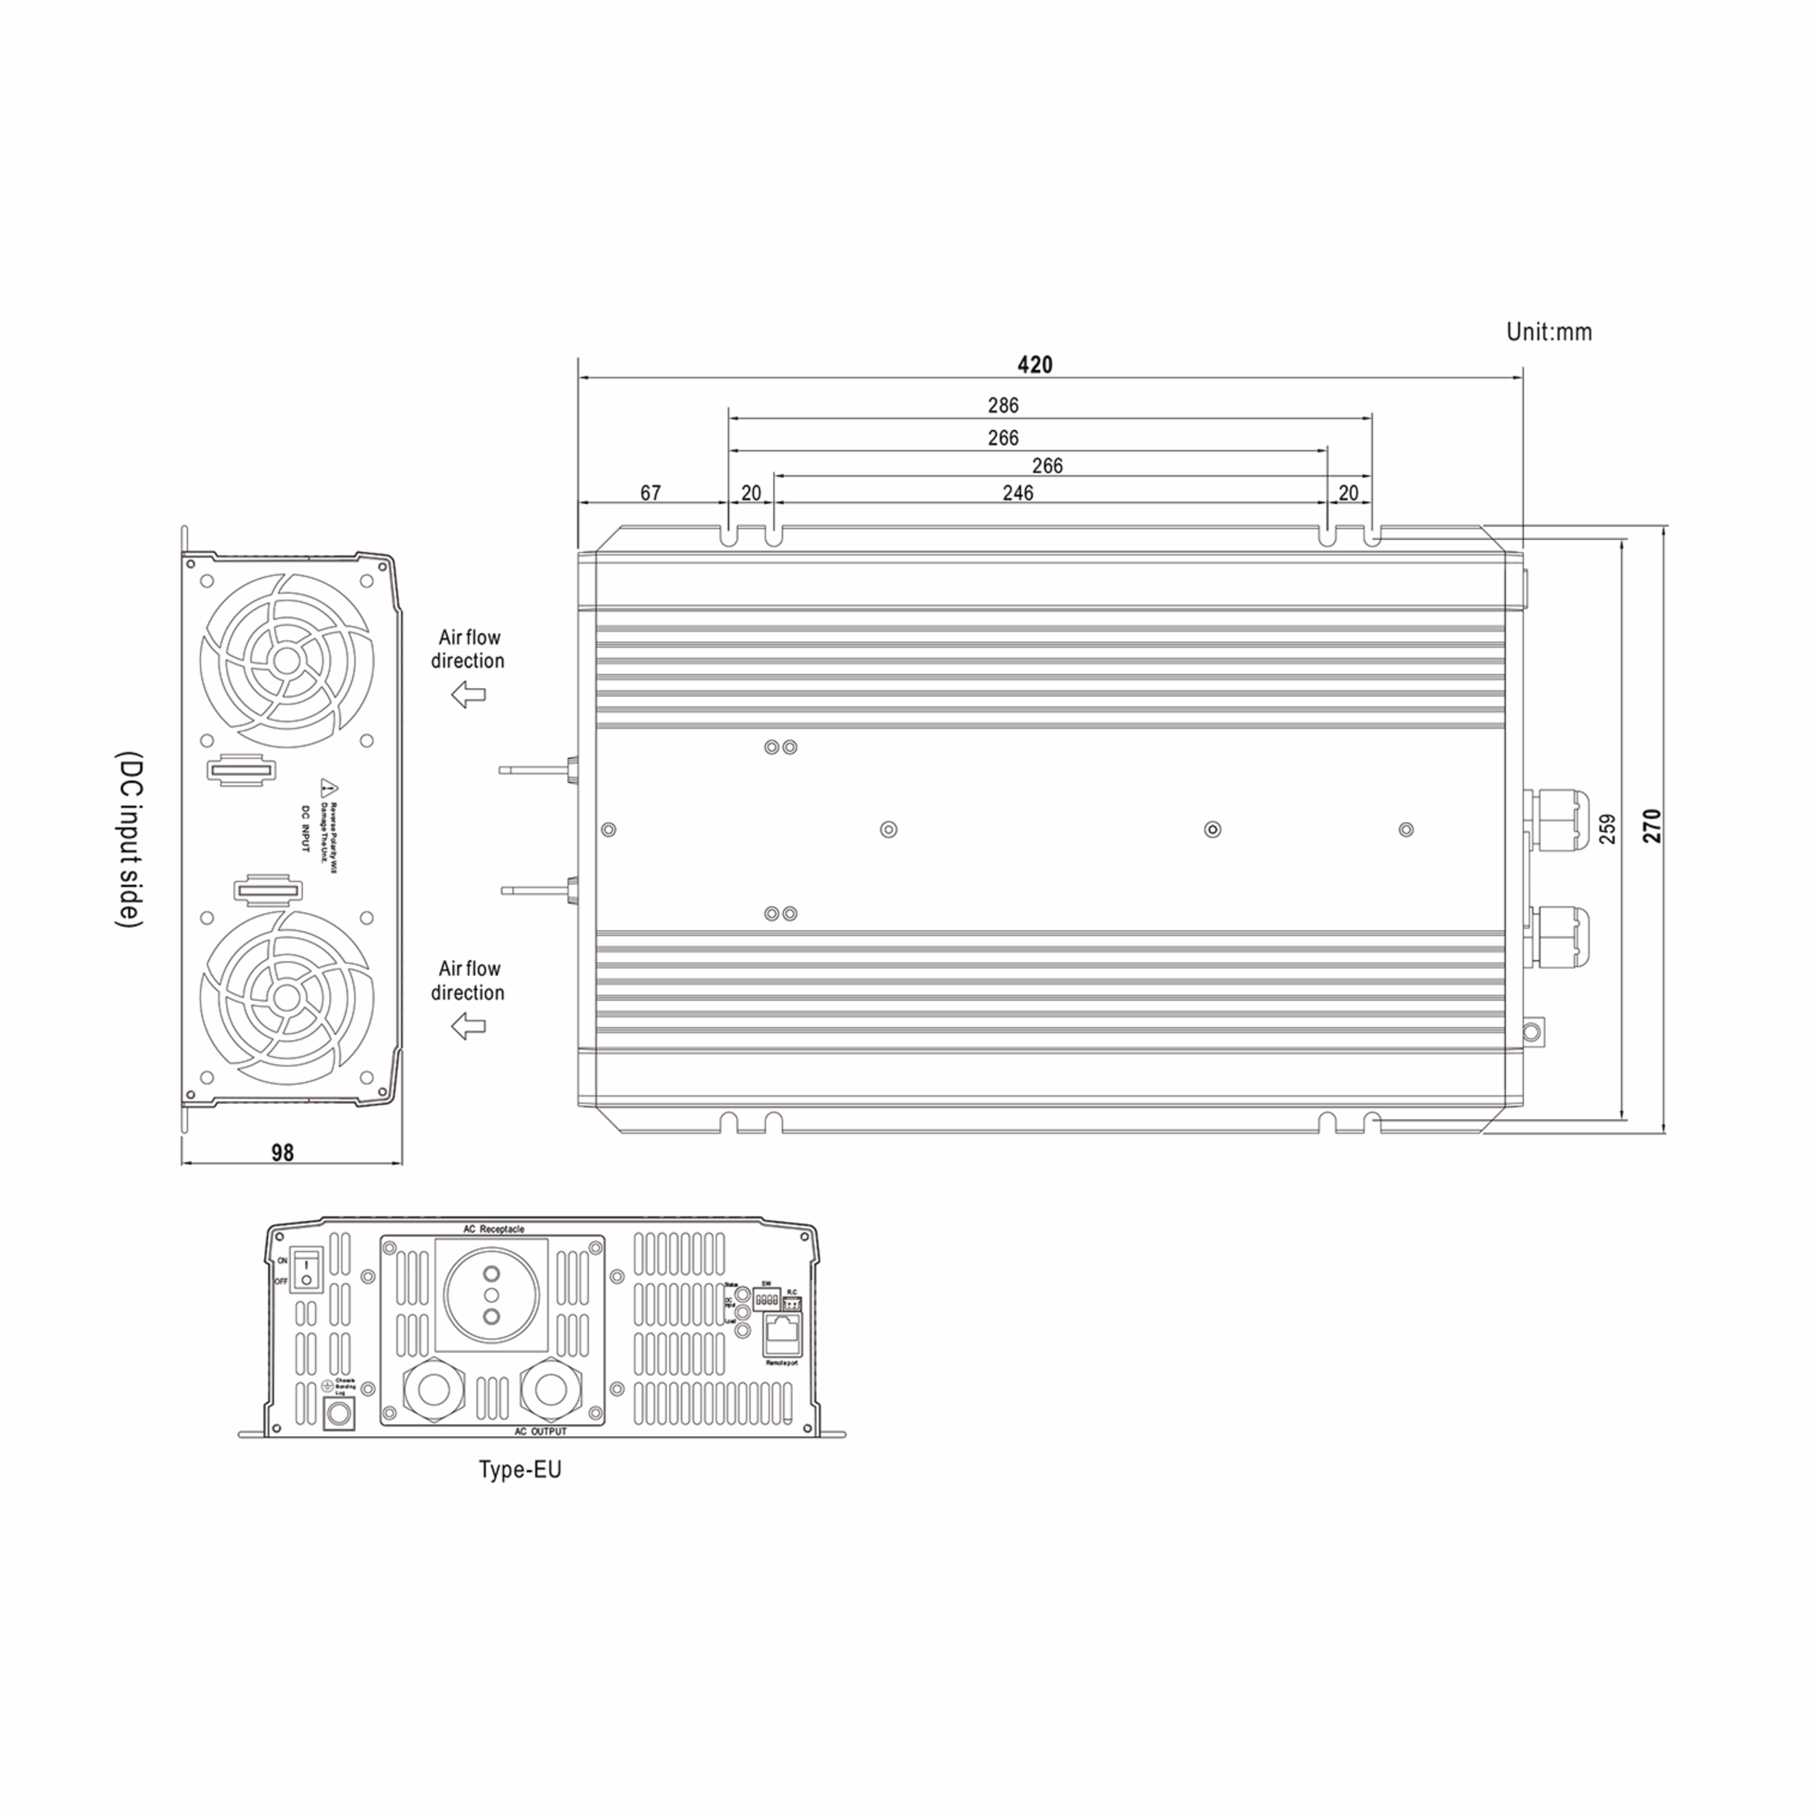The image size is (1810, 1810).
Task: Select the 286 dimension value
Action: [1002, 406]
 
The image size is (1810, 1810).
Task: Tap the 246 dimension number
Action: [1017, 492]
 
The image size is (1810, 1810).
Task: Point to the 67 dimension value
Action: [650, 492]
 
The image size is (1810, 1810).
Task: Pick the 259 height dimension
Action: [1608, 828]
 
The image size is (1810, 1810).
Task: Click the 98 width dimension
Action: [282, 1153]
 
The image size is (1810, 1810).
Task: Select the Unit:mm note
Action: [1548, 332]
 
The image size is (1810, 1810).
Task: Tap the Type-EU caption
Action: [520, 1469]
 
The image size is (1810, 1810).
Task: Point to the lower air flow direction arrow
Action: [468, 1026]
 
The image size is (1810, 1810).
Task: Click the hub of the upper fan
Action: [286, 661]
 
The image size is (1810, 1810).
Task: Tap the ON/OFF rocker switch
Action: [305, 1269]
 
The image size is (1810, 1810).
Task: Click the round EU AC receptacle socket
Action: [490, 1295]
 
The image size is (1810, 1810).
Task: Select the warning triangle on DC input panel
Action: [328, 785]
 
